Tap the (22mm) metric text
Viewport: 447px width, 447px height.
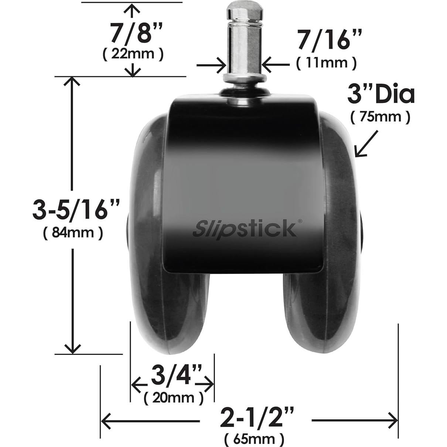click(132, 54)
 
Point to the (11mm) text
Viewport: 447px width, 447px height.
click(326, 63)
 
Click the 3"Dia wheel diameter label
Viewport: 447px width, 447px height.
click(381, 95)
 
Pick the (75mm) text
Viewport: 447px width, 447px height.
click(380, 117)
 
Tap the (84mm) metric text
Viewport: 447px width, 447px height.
click(73, 233)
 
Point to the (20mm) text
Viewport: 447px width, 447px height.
click(173, 398)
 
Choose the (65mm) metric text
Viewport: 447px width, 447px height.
click(254, 439)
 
